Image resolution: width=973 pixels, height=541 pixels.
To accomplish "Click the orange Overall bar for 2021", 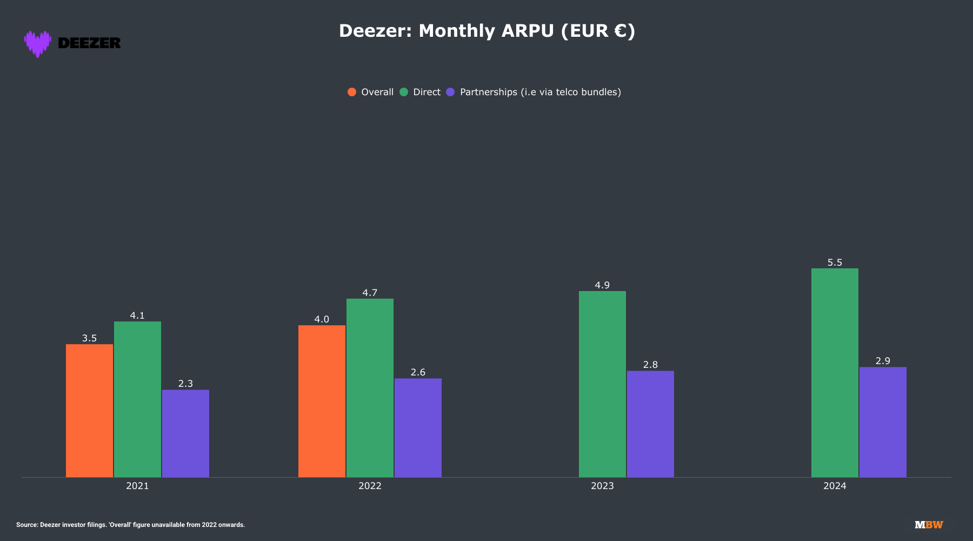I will (89, 411).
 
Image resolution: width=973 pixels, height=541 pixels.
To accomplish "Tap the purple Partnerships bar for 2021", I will (185, 433).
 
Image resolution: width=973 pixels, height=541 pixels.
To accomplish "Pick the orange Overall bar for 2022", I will (322, 401).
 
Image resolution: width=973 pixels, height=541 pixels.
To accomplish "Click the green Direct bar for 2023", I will (602, 384).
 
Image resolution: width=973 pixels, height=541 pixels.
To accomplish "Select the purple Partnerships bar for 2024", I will (883, 422).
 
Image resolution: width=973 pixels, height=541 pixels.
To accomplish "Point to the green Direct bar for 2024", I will (835, 373).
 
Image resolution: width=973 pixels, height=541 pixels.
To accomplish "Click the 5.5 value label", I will (835, 262).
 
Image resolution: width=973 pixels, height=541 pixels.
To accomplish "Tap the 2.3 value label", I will (185, 384).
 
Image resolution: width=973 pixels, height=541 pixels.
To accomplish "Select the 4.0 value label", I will (322, 319).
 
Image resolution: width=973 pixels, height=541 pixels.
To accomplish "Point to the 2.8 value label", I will (650, 365).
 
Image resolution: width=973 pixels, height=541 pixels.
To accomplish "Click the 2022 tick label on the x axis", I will (370, 486).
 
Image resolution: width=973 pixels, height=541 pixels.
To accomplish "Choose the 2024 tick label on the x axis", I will (835, 486).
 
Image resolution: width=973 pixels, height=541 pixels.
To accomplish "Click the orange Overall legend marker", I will (352, 92).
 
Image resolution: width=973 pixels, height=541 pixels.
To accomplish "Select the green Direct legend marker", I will (404, 92).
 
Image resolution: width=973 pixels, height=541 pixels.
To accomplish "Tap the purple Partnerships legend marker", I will (450, 92).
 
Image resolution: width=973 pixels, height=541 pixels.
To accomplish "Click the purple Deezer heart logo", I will (37, 43).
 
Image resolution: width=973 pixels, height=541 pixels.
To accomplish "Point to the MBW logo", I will (929, 525).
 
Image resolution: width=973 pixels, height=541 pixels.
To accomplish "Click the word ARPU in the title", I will (528, 31).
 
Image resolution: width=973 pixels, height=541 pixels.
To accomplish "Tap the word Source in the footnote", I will (26, 525).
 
